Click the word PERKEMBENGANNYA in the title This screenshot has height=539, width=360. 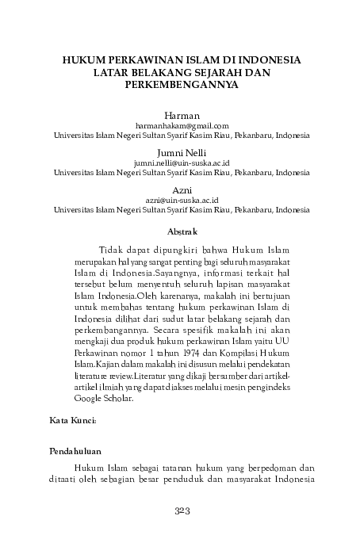[182, 83]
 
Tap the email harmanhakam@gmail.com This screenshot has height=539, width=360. [182, 125]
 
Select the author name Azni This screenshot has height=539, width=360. [182, 189]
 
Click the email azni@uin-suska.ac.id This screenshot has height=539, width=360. [182, 200]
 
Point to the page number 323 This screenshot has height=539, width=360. [182, 512]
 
